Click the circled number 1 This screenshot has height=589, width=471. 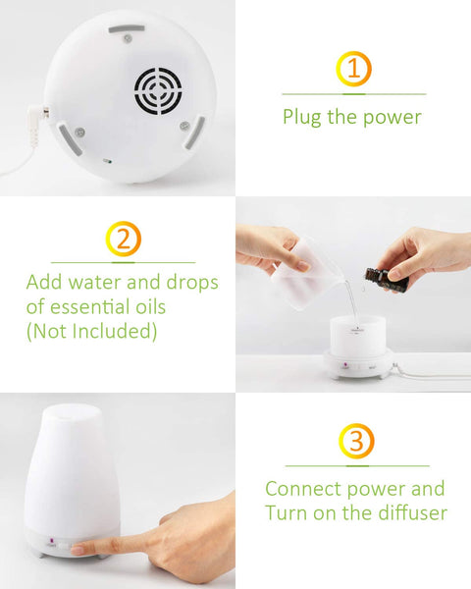point(353,69)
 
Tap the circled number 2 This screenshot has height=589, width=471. point(123,239)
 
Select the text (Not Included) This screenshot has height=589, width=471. point(91,332)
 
